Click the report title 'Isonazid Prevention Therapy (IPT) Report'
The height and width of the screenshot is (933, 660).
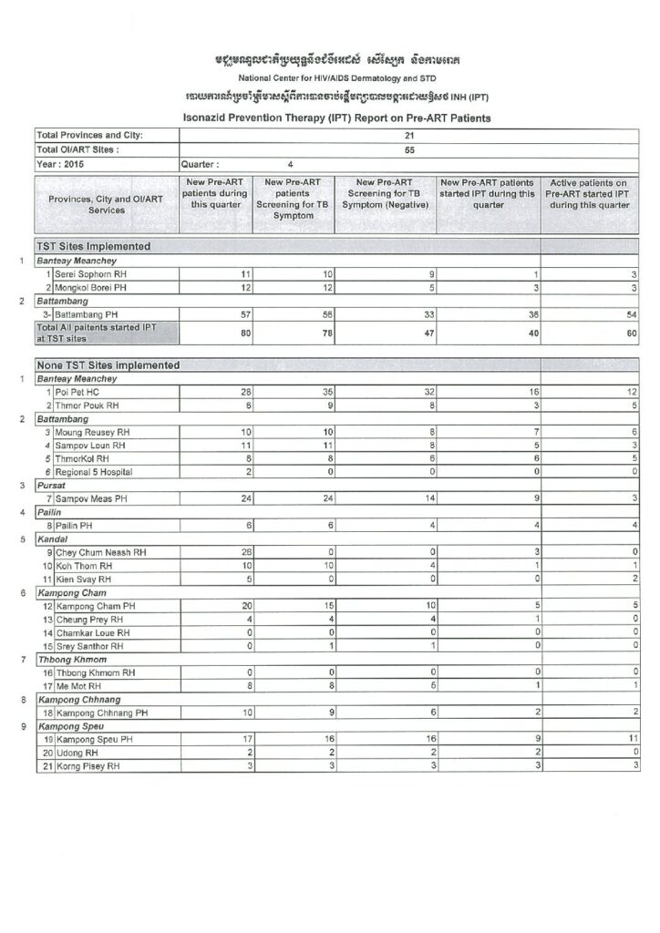click(x=336, y=118)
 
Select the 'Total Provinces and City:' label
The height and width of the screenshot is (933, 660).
click(x=91, y=136)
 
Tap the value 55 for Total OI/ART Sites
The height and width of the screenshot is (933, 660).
click(x=409, y=149)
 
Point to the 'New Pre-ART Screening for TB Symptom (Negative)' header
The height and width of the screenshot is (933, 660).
click(x=385, y=194)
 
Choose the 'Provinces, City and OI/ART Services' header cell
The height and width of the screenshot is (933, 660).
click(x=107, y=204)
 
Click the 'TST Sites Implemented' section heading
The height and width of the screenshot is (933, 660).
click(x=93, y=246)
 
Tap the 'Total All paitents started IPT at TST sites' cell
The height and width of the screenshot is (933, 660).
click(x=95, y=332)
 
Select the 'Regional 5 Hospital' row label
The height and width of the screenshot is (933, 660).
click(x=94, y=472)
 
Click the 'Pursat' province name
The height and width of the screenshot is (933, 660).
click(x=52, y=487)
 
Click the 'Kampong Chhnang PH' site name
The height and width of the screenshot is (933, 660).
click(x=102, y=712)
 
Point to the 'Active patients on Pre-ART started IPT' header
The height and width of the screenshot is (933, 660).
click(x=589, y=194)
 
